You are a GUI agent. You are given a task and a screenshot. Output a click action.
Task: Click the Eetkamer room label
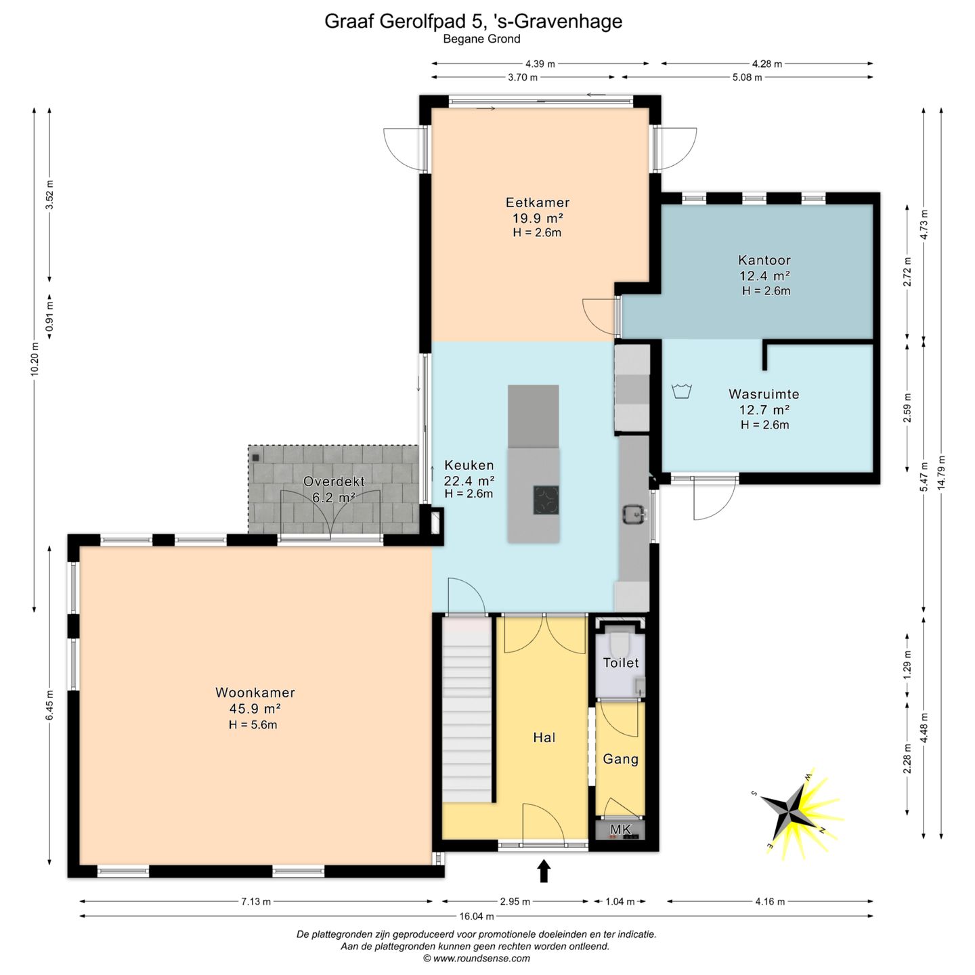click(x=538, y=202)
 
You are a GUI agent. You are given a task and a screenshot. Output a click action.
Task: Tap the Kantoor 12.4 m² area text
click(x=764, y=276)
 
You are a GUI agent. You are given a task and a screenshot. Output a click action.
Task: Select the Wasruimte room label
click(x=764, y=393)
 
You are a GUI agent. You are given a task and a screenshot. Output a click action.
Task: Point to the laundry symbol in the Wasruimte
click(x=682, y=391)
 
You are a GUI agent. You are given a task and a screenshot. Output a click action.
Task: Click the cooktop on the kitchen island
click(x=546, y=500)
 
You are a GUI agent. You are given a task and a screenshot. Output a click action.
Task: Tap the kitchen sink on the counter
click(x=634, y=514)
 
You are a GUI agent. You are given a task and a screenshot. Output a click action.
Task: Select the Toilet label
click(x=621, y=663)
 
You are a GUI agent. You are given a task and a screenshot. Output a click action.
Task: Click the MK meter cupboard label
click(x=621, y=830)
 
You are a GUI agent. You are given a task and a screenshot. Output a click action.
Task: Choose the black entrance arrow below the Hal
click(x=544, y=871)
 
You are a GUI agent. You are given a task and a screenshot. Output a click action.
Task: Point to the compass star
click(x=789, y=814)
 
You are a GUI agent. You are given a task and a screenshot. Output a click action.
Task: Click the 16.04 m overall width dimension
click(x=476, y=916)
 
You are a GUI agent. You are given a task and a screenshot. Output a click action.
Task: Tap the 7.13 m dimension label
click(x=255, y=901)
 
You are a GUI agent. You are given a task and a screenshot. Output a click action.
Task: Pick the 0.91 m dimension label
click(x=49, y=316)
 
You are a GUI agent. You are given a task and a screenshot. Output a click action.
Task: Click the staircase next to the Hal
click(x=467, y=709)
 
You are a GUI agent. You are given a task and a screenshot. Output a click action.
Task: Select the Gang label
click(x=620, y=759)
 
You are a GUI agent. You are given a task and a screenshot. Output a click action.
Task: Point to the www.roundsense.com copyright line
click(x=477, y=958)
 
